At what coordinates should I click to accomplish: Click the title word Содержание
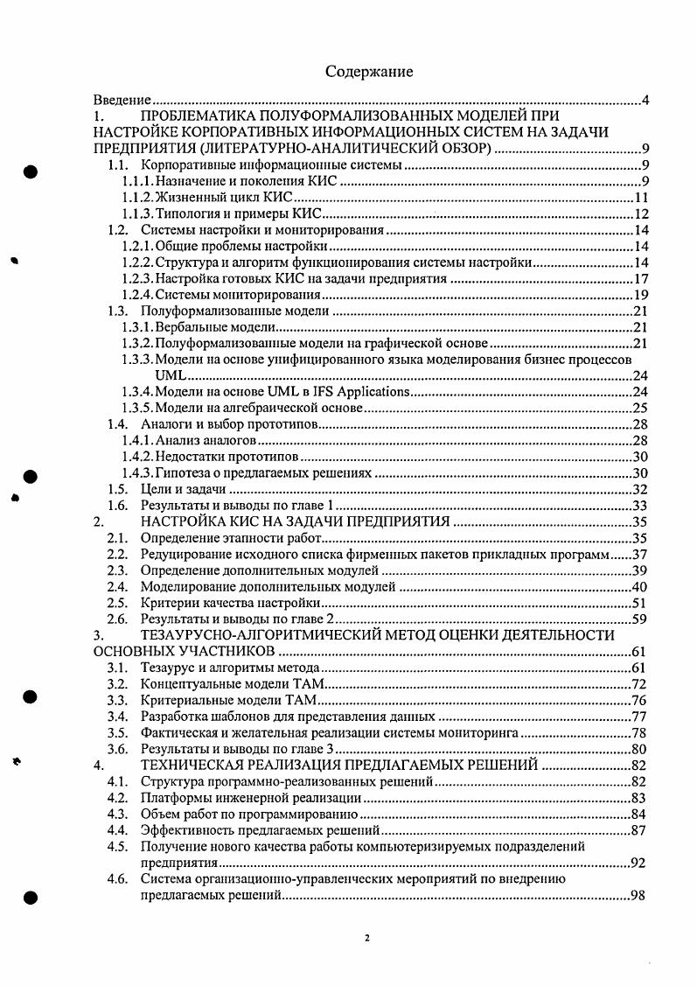(x=369, y=71)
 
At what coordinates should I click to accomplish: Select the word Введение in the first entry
(x=123, y=101)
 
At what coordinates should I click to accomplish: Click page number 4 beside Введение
(x=645, y=101)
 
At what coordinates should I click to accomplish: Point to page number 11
(x=639, y=199)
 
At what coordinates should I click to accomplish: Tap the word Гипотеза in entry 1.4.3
(x=193, y=473)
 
